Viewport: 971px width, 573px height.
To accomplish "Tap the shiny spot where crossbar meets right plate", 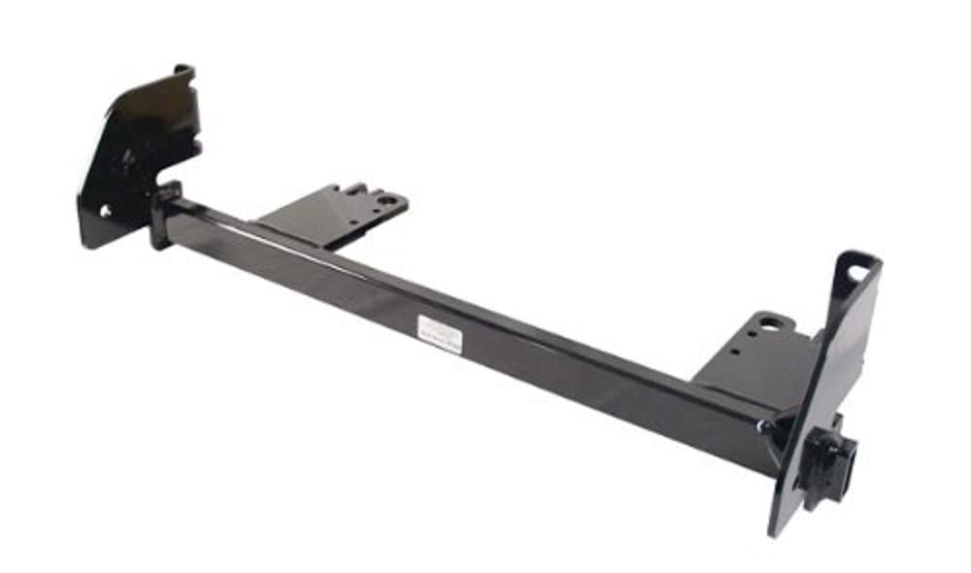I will pyautogui.click(x=767, y=425).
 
